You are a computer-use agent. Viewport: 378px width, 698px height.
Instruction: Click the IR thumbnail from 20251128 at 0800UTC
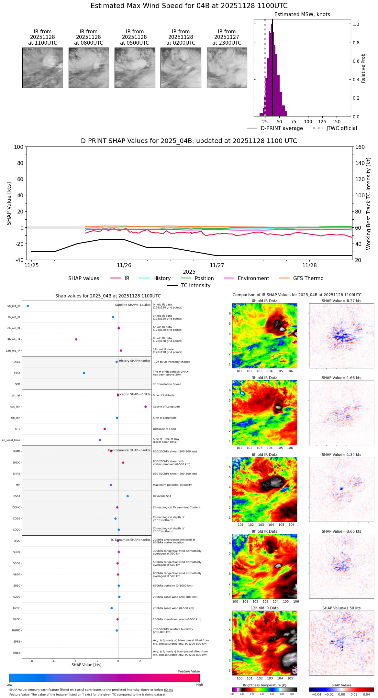(89, 68)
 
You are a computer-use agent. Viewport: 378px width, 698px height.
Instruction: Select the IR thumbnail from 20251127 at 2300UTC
(227, 68)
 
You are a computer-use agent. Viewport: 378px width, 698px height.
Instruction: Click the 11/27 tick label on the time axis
(217, 266)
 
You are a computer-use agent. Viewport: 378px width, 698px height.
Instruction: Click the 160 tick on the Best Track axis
(360, 147)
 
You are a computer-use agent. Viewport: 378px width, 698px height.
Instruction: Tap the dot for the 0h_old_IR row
(28, 306)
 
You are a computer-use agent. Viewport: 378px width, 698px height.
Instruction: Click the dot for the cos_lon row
(146, 407)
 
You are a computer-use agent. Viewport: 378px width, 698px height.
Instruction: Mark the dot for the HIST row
(84, 373)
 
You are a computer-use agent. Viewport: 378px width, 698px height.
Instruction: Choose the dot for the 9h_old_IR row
(76, 339)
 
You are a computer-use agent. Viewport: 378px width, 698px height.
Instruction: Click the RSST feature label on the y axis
(17, 496)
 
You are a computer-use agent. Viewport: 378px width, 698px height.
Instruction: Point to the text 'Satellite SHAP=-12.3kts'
(133, 305)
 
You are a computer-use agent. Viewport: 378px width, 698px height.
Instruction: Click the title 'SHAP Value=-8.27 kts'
(341, 301)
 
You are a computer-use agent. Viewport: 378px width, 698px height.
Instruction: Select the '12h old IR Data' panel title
(264, 608)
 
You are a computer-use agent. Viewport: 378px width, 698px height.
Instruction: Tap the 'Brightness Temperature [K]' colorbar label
(264, 685)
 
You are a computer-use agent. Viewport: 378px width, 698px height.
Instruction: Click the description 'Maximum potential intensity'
(172, 485)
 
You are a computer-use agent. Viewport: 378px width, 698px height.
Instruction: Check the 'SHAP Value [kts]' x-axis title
(86, 665)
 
